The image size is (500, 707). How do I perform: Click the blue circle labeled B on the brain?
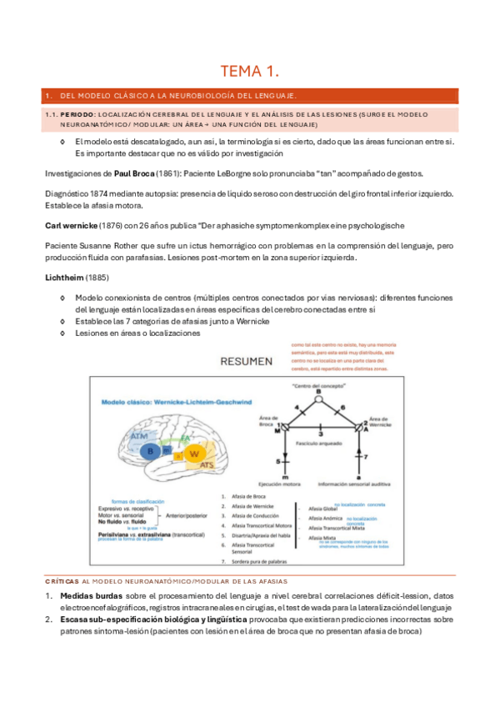tap(150, 451)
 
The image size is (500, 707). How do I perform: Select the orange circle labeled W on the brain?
tap(193, 454)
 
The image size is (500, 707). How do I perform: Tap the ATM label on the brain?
tap(140, 435)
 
